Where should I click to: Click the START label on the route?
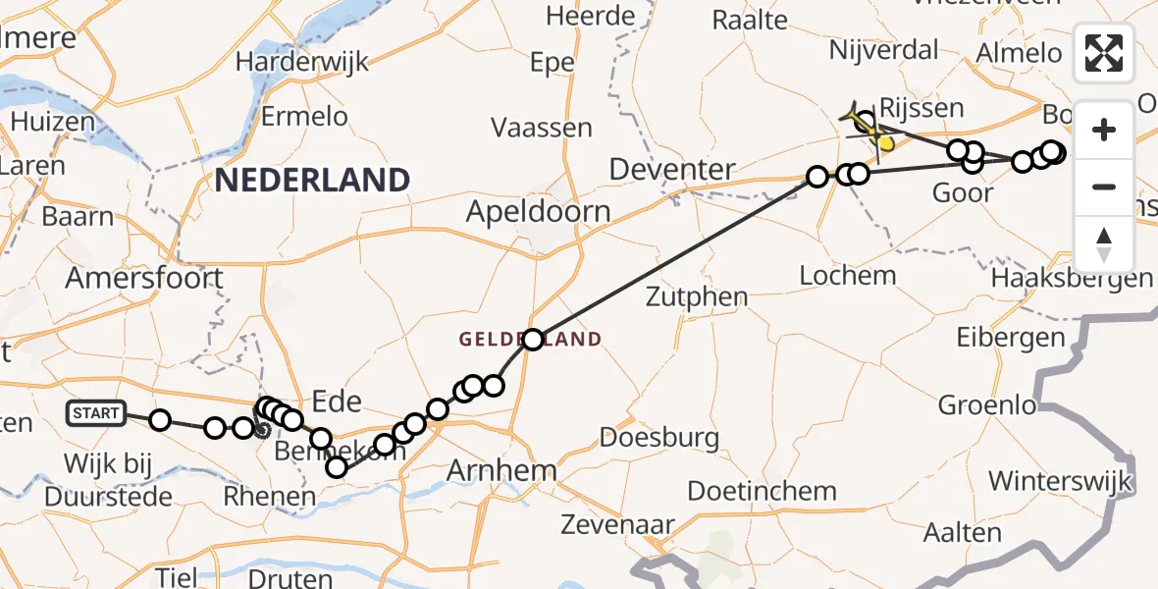tap(96, 413)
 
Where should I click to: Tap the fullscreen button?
tap(1104, 53)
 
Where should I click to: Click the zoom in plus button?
tap(1104, 130)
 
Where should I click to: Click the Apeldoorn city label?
tap(538, 211)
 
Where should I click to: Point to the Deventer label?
tap(672, 169)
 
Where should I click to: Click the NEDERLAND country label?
tap(312, 180)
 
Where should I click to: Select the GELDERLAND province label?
tap(530, 340)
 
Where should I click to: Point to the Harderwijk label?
tap(301, 61)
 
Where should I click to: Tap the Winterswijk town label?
tap(1061, 482)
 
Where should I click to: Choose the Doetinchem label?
tap(762, 491)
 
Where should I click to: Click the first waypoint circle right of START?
tap(160, 421)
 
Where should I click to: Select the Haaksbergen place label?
tap(1072, 278)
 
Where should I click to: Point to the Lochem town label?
tap(848, 275)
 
